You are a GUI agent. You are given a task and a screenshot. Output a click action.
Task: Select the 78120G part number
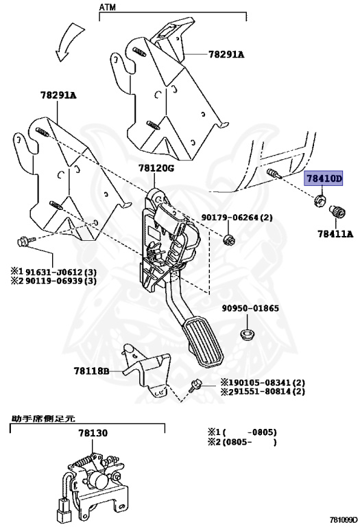click(x=156, y=168)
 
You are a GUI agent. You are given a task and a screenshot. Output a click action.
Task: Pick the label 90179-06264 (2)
click(x=237, y=218)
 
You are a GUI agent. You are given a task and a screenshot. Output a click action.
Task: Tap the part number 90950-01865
click(x=250, y=308)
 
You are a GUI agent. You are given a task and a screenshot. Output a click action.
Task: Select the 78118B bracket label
click(x=91, y=371)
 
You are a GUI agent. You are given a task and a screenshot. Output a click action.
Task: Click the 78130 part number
click(x=92, y=434)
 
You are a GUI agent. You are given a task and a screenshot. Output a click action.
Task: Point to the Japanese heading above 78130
click(x=43, y=417)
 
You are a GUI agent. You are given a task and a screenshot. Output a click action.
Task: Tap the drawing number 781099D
click(x=343, y=520)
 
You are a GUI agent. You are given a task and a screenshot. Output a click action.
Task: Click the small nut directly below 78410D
click(x=319, y=201)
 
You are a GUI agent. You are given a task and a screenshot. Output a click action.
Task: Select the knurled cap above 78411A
click(x=336, y=213)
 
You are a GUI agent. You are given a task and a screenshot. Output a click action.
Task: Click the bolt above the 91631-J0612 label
click(x=23, y=241)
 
